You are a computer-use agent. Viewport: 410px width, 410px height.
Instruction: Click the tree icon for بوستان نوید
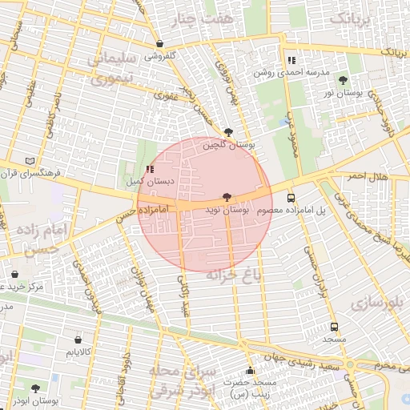[x=228, y=197]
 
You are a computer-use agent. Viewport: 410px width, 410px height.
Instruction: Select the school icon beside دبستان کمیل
[x=151, y=169]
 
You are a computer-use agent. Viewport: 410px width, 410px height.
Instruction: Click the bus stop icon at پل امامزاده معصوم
[x=290, y=198]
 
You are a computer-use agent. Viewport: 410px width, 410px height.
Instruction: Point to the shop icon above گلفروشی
[x=161, y=44]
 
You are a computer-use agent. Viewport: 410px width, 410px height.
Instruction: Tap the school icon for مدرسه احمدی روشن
[x=291, y=59]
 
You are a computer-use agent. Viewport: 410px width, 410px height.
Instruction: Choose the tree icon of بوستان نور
[x=344, y=81]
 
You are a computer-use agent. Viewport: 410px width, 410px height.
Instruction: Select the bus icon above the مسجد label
[x=334, y=327]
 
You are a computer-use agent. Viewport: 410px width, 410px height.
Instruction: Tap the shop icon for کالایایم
[x=78, y=340]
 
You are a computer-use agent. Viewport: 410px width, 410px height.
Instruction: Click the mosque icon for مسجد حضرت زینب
[x=250, y=371]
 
